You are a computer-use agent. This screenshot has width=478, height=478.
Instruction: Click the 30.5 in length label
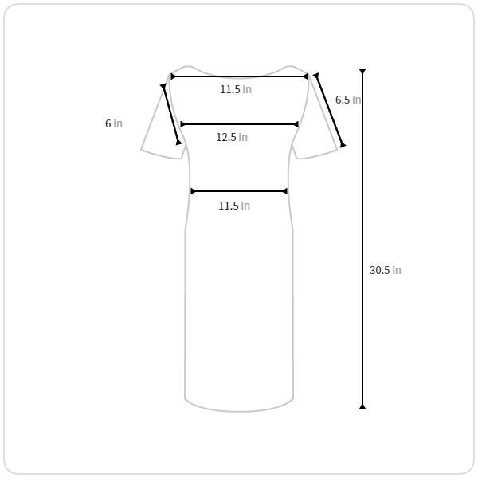click(386, 270)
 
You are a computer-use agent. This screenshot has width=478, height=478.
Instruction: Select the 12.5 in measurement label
click(232, 137)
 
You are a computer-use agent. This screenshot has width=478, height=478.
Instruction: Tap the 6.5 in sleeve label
click(348, 100)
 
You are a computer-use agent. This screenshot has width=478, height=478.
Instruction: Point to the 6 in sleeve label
click(114, 123)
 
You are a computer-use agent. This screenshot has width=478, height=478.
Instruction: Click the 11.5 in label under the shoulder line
click(236, 89)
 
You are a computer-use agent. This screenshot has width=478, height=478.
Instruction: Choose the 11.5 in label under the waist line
click(234, 206)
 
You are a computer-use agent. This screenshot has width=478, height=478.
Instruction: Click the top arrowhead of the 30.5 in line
click(362, 72)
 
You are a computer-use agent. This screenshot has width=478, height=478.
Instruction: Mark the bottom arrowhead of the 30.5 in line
click(362, 406)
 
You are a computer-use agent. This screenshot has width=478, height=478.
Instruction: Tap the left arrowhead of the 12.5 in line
click(183, 124)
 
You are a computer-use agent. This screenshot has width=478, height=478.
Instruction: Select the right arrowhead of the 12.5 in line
click(296, 124)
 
